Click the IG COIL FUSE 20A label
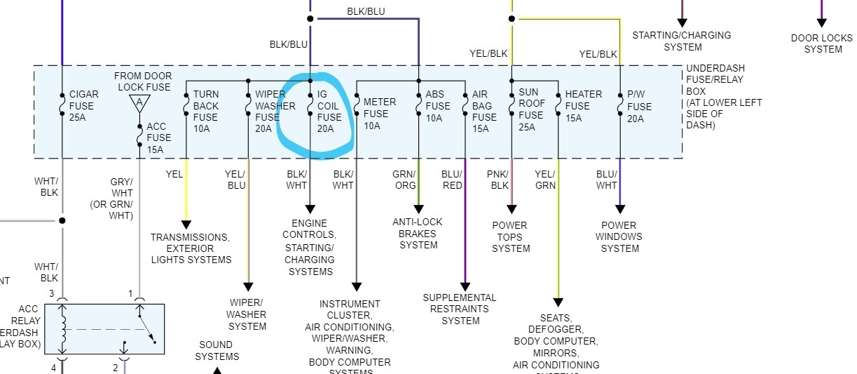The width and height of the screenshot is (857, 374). tap(329, 112)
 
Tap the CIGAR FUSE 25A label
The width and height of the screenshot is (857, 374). tap(83, 106)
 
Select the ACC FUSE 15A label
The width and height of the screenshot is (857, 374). tap(158, 138)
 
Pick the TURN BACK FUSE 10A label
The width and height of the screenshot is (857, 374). tap(206, 112)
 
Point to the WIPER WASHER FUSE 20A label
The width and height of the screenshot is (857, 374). tap(270, 112)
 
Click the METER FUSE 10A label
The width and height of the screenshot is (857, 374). tap(379, 114)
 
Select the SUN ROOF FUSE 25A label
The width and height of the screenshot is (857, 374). tap(530, 109)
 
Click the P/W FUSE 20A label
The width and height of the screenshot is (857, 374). tap(639, 107)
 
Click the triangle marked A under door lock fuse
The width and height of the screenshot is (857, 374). tap(139, 103)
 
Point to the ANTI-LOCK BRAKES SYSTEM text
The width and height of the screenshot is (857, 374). tap(418, 233)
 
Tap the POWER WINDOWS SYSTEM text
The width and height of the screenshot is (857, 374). tap(619, 236)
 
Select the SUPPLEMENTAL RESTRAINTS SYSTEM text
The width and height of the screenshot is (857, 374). tap(460, 309)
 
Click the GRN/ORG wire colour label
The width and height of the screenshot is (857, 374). tap(404, 180)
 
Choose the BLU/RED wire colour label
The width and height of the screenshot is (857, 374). tap(452, 180)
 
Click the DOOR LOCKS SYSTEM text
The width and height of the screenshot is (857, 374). tap(823, 44)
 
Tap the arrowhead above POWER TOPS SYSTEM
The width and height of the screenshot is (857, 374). tap(512, 208)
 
